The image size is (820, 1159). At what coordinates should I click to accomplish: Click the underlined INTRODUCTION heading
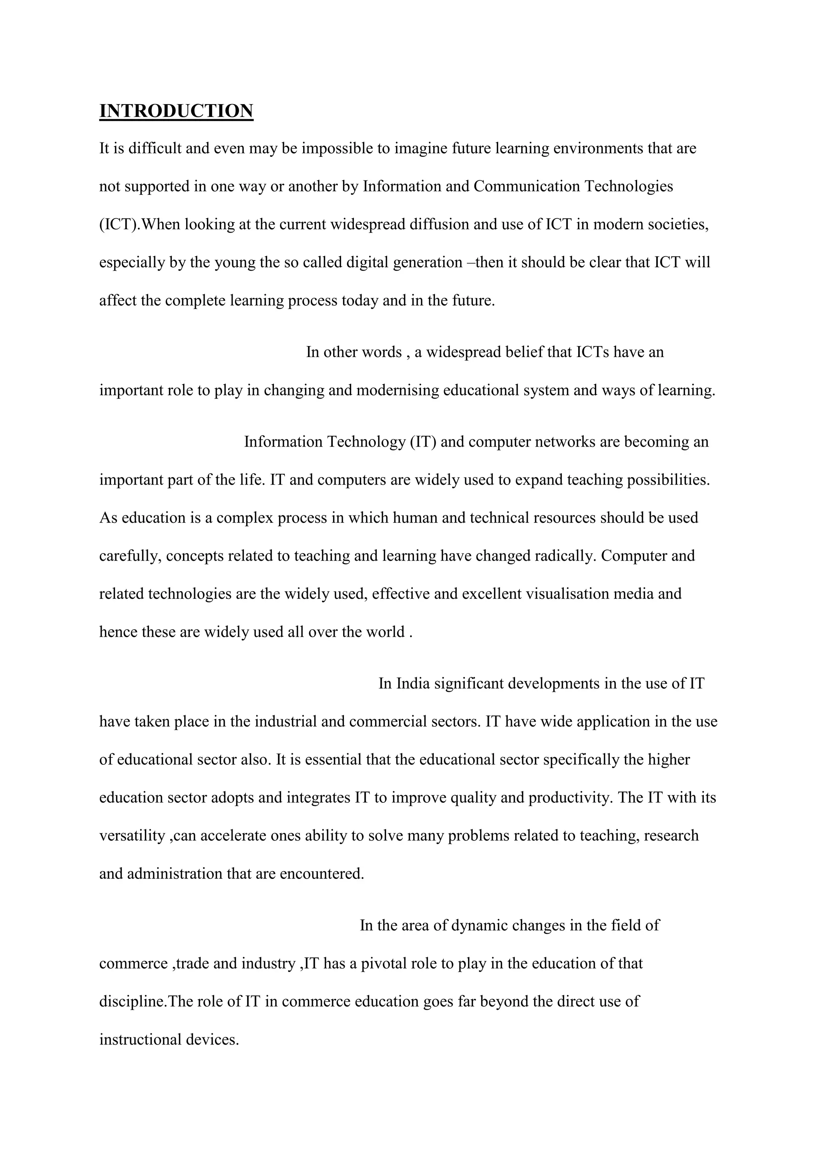pyautogui.click(x=176, y=111)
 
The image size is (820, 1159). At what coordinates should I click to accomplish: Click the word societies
pyautogui.click(x=678, y=224)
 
